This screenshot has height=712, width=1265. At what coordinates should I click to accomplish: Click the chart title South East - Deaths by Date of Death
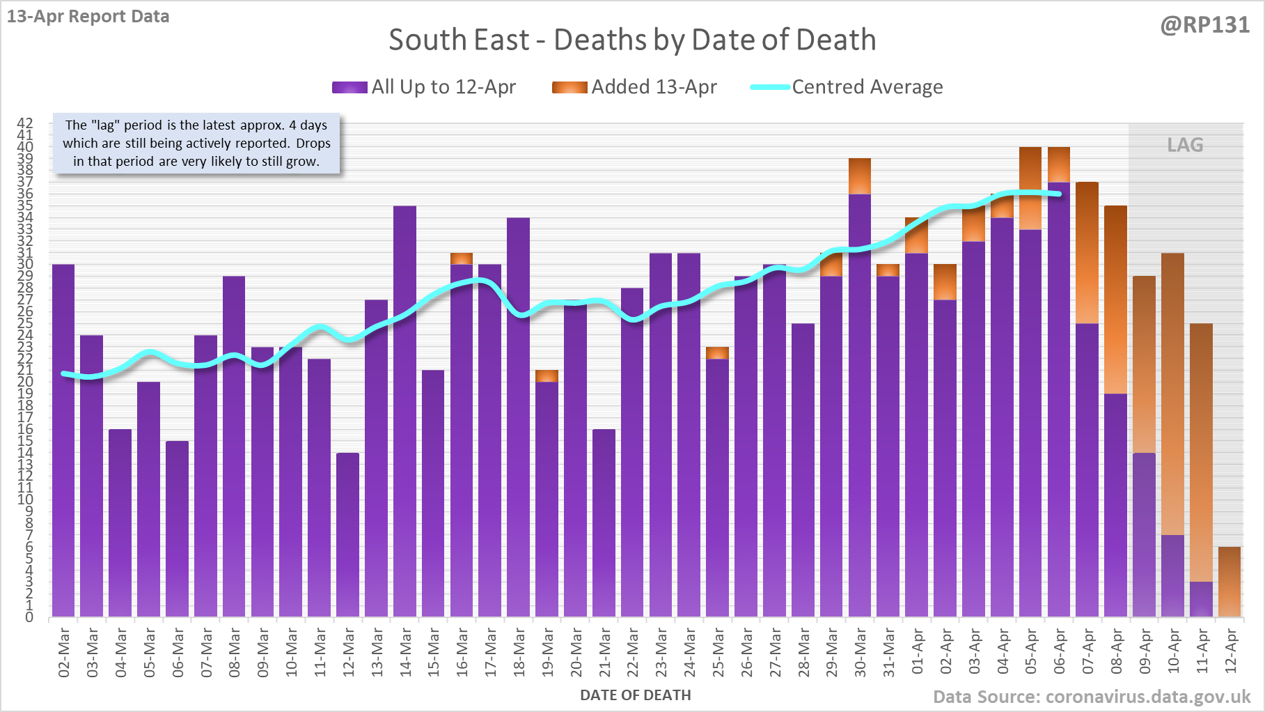[x=632, y=40]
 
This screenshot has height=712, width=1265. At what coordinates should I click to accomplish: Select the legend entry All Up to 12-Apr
[x=424, y=87]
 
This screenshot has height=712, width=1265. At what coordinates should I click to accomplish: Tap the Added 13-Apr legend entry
[x=634, y=87]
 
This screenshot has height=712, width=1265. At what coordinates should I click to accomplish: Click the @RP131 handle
[x=1204, y=25]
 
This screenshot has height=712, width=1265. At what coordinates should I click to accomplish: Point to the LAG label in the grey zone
[x=1185, y=145]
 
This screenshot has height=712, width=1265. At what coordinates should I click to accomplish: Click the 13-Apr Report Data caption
[x=88, y=16]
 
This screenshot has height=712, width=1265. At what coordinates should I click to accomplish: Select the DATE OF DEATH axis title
[x=635, y=695]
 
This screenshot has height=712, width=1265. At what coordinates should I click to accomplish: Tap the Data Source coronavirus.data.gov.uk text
[x=1092, y=697]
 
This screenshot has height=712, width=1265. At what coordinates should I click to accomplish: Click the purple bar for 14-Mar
[x=404, y=411]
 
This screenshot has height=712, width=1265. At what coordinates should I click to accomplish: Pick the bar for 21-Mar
[x=604, y=523]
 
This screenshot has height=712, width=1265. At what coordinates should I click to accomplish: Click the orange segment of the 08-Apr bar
[x=1115, y=300]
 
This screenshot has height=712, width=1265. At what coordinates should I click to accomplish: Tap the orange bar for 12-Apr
[x=1229, y=582]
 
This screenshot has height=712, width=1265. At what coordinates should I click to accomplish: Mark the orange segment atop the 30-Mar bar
[x=860, y=176]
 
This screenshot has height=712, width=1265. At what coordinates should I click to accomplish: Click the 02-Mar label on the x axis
[x=64, y=652]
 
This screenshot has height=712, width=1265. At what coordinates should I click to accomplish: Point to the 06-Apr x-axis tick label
[x=1060, y=652]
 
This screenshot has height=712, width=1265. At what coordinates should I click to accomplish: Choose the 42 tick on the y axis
[x=25, y=123]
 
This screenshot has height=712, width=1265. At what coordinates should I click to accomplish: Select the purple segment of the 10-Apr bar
[x=1172, y=575]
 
